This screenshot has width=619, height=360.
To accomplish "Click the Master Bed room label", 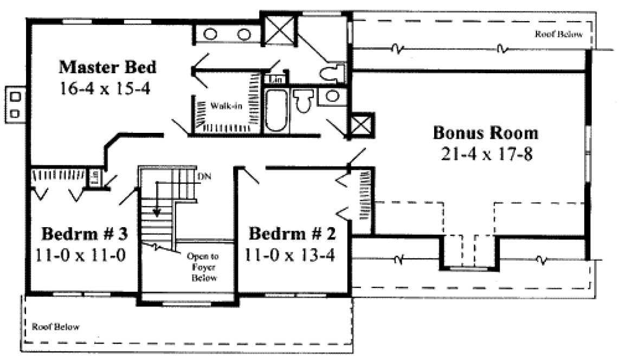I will click(x=107, y=67).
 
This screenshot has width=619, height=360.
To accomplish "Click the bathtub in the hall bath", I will click(x=277, y=111).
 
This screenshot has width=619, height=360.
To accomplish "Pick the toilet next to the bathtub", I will click(x=302, y=101).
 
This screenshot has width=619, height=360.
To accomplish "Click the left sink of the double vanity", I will click(x=211, y=34).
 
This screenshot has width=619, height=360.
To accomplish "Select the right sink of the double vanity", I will click(x=244, y=34).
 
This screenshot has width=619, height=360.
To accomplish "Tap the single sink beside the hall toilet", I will click(x=330, y=97).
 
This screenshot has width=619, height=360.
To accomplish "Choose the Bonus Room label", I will click(x=486, y=133).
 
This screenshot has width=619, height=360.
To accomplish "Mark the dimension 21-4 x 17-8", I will click(x=486, y=154).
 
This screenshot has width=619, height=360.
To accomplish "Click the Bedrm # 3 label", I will click(x=85, y=234).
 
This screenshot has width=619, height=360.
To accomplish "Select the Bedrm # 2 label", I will click(x=292, y=234).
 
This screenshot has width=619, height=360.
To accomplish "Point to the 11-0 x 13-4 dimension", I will click(x=292, y=254).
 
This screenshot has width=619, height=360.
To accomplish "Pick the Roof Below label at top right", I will click(x=559, y=35).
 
